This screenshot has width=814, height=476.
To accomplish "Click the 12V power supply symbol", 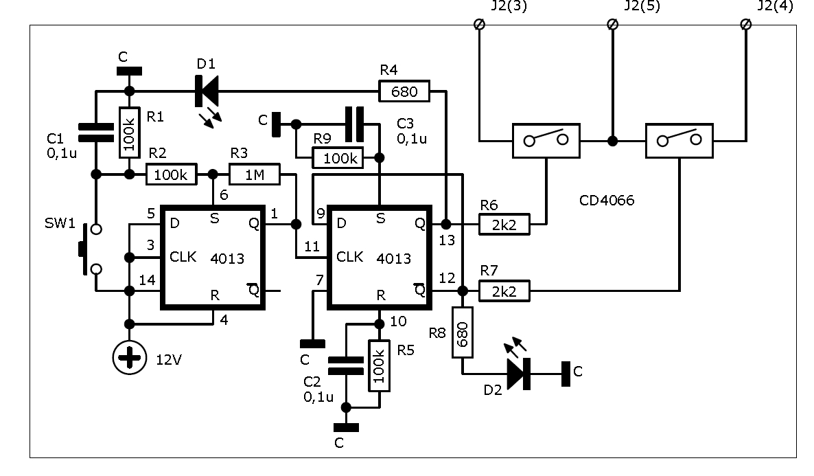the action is pos(129,358).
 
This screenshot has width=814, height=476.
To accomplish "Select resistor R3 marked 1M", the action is pos(255,174).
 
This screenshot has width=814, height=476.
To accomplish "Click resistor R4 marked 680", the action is pos(404,91).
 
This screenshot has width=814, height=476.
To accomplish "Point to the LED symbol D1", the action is pos(207,91).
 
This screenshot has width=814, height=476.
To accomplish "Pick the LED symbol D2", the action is pos(519,374).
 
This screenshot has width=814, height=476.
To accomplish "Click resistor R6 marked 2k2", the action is pos(504,225).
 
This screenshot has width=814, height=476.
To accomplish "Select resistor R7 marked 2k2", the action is pos(504,291).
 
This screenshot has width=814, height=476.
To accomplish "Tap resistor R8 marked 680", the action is pos(463,332).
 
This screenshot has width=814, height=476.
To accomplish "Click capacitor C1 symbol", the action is pos(96,133).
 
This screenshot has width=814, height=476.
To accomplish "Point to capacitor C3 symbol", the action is pos(355,124).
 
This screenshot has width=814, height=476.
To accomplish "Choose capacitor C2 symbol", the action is pos(346,365).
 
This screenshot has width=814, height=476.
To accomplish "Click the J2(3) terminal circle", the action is pos(480,25).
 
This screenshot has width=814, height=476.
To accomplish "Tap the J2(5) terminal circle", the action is pos(613,25).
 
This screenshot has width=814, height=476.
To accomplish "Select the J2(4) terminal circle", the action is pos(746,25).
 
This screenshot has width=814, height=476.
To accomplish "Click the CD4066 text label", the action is pos(607,201).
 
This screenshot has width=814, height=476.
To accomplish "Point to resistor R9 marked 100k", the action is pos(338,158).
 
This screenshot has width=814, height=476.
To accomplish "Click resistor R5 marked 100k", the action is pos(379,366).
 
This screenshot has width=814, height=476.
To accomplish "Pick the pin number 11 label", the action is pos(312,247).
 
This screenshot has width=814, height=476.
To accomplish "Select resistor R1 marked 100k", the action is pos(130,133).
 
